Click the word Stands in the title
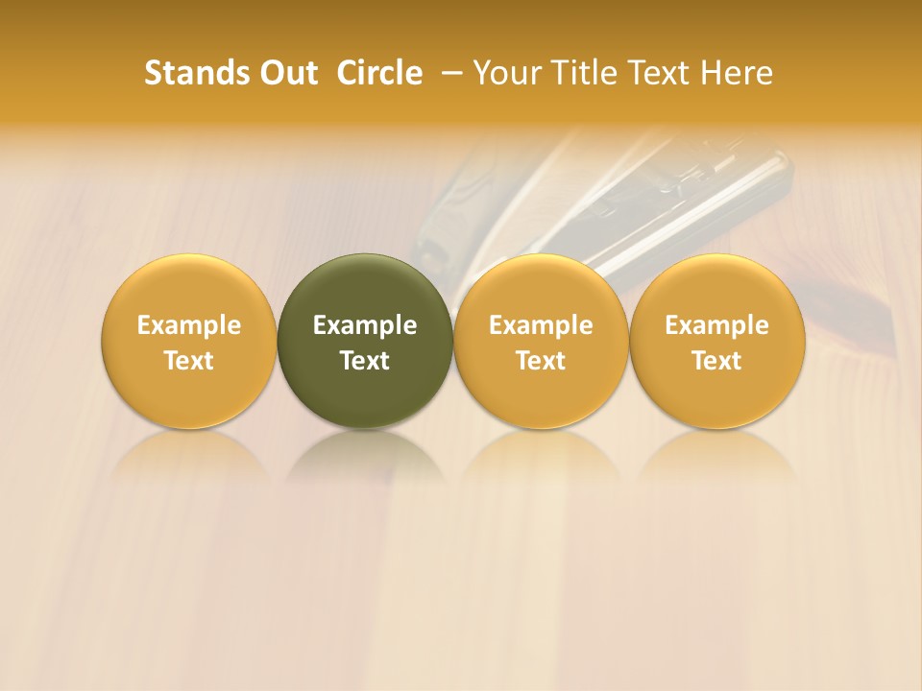tap(192, 73)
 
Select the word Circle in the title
tap(379, 73)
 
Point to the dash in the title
tap(448, 73)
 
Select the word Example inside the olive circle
tap(365, 325)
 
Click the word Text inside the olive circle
tap(365, 361)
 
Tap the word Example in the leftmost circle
tap(189, 325)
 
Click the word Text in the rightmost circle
tap(717, 361)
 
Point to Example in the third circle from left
tap(541, 325)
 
